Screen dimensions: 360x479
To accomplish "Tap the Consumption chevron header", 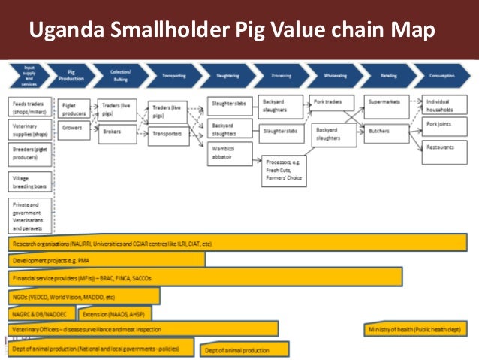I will [442, 76].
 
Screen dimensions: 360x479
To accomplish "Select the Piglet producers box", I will [75, 108].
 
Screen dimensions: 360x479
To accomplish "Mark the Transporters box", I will [166, 133].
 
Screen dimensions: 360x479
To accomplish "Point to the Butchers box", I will [387, 131].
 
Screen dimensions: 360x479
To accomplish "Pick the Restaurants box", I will [444, 147].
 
